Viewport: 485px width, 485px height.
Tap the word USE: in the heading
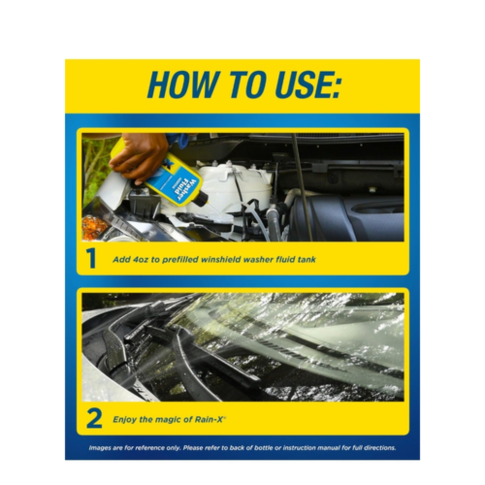click(x=303, y=85)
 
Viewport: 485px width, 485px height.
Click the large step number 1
click(x=91, y=259)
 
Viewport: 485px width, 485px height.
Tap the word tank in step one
click(x=307, y=259)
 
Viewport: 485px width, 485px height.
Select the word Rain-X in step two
click(x=209, y=420)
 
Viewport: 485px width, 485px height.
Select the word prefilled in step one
click(x=180, y=259)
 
